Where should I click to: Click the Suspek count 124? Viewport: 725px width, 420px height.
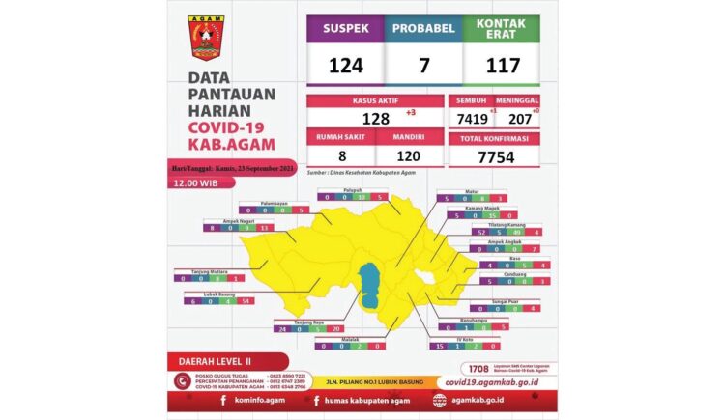point(345,67)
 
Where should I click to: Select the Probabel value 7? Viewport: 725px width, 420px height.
point(422,67)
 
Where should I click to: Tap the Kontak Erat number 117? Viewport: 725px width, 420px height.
point(501,67)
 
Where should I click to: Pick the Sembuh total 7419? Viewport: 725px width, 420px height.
point(470,119)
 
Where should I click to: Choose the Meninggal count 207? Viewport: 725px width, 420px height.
point(518,119)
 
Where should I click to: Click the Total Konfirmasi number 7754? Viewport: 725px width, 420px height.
point(493,158)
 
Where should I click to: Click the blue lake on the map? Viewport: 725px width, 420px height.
point(368,287)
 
